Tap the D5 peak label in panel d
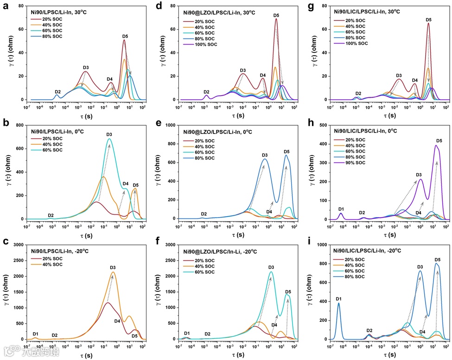276,15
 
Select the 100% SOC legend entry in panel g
356,43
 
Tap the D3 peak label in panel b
109,135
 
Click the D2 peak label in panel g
358,93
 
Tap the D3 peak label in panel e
265,155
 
